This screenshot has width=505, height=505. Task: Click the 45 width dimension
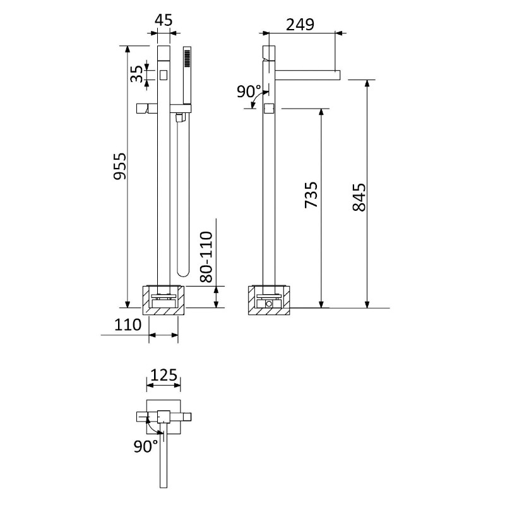[163, 20]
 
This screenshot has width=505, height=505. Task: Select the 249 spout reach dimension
[300, 25]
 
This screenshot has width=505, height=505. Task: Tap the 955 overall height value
[121, 166]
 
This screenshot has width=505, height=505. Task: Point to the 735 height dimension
[311, 195]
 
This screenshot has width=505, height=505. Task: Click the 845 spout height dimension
[359, 197]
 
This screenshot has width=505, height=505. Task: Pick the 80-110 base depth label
[206, 257]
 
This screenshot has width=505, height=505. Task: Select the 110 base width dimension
[128, 324]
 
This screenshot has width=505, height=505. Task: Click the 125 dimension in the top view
[164, 375]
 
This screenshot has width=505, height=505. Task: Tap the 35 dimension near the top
[136, 74]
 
